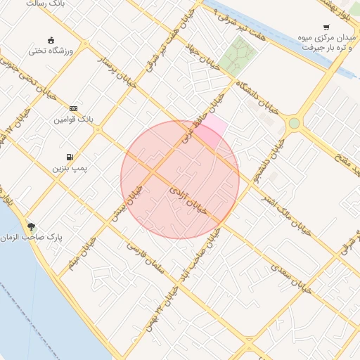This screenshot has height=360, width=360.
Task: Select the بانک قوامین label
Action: tap(74, 120)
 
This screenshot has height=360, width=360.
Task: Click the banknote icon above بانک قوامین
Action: tap(73, 108)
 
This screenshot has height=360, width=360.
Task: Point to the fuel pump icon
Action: tap(69, 157)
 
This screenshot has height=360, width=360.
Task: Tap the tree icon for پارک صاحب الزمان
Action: tap(31, 226)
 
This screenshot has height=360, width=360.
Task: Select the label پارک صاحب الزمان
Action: tap(32, 238)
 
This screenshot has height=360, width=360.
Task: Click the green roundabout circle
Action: tap(294, 124)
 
